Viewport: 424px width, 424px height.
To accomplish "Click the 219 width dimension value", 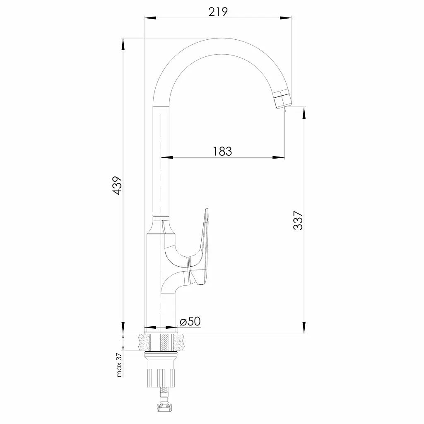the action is click(x=218, y=12).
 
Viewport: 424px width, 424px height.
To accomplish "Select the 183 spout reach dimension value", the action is click(x=222, y=152).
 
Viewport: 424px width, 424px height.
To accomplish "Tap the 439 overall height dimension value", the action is click(x=117, y=186).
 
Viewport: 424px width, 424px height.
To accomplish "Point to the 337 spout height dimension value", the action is click(x=298, y=220).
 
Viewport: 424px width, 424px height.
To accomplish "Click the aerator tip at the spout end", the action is click(x=283, y=100).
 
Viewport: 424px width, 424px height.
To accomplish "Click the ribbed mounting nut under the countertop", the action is click(x=161, y=378).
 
